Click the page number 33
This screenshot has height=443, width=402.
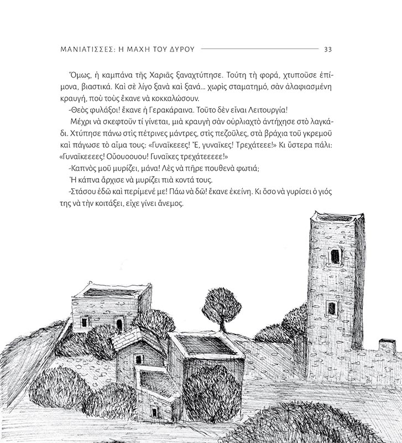pos(327,49)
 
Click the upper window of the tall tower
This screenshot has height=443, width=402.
pos(335,256)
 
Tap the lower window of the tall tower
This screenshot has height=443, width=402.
pos(331,308)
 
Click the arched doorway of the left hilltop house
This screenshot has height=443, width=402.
pos(119,324)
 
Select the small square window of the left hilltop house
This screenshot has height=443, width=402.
pos(85,322)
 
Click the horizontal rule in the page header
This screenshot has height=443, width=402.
pos(260,49)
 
